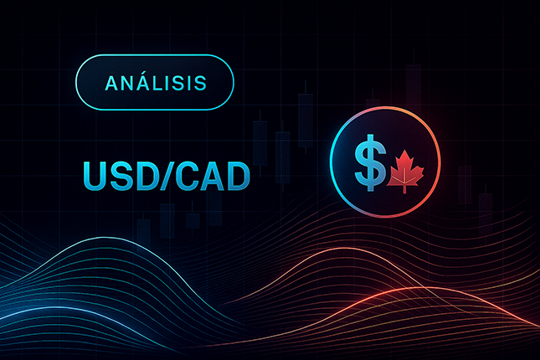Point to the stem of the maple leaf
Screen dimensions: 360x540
pos(406,188)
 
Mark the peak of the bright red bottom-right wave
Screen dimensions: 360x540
pos(402,290)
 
